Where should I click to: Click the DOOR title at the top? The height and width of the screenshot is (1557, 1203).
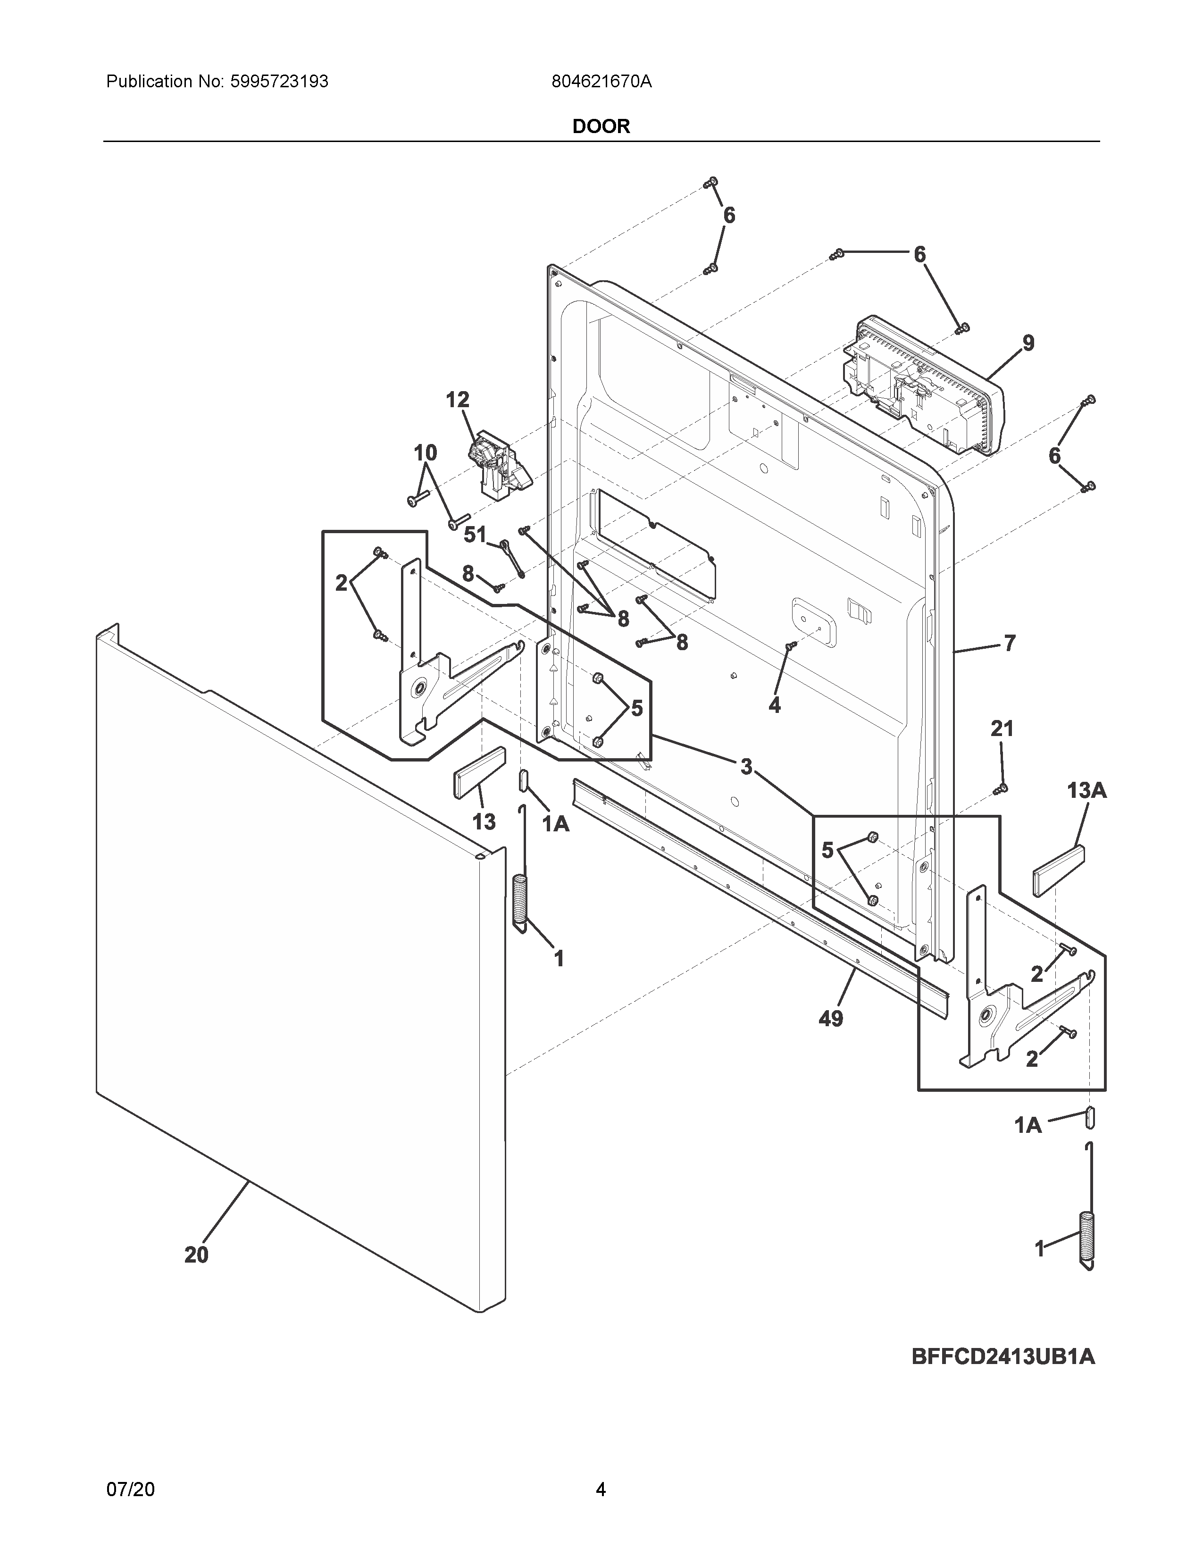601,126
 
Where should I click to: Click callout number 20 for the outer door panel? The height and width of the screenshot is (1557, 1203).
197,1255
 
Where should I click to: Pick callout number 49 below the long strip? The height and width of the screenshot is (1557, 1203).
831,1019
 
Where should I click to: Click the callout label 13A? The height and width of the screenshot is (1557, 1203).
1086,790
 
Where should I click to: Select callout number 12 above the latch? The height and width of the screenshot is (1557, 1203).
458,400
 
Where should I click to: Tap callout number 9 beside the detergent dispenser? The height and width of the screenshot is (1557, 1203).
1028,343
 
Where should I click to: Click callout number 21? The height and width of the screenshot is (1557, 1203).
1001,728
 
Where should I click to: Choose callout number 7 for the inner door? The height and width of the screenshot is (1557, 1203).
1009,644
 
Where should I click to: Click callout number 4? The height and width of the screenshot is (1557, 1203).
775,705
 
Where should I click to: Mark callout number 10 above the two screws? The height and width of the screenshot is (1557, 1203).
426,452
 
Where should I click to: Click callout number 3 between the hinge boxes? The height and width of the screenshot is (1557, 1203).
745,767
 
